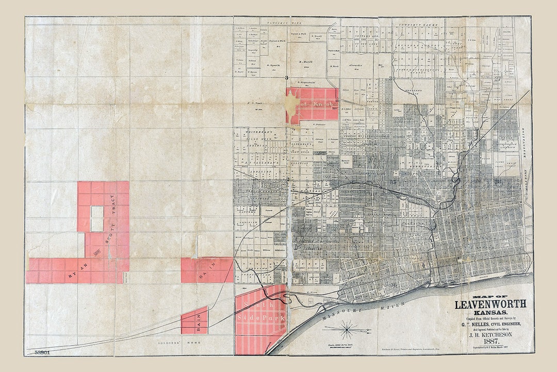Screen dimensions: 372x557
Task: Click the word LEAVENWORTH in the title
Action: coord(490,305)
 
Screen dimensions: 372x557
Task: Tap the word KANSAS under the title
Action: coord(490,313)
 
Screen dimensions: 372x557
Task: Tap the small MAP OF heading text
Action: coord(490,297)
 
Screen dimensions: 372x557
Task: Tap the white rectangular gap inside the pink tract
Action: coord(97,219)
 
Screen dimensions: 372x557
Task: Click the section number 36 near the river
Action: coord(394,285)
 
